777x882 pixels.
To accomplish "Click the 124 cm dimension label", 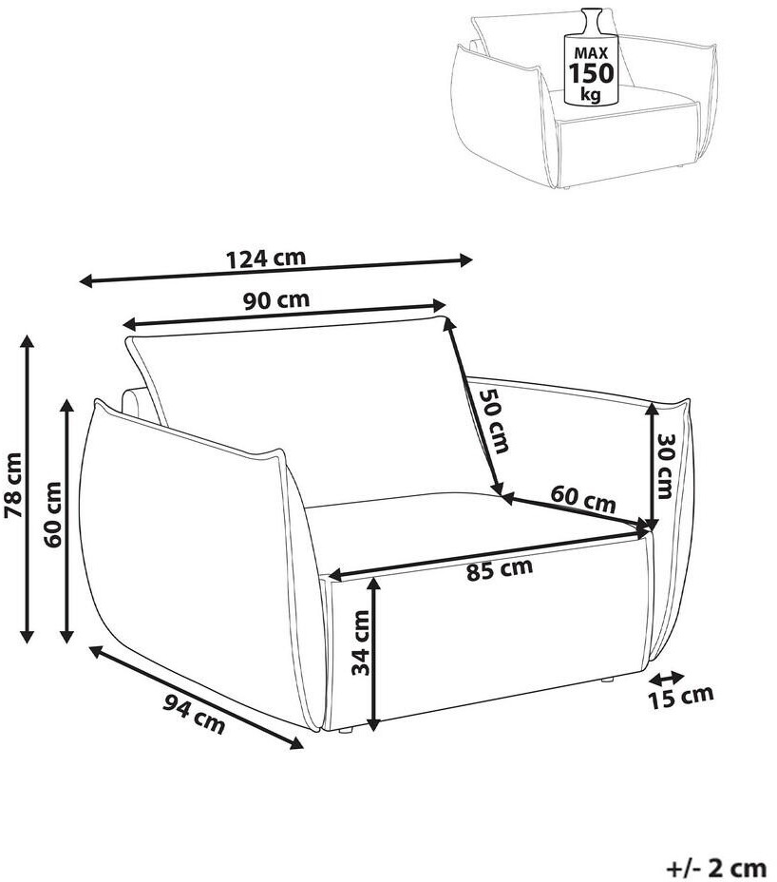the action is [x=266, y=258].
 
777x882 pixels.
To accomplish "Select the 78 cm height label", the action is [x=12, y=486].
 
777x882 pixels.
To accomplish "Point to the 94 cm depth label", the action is [x=194, y=713].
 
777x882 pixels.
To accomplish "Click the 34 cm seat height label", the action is [x=360, y=642].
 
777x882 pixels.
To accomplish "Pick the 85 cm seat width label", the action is [x=500, y=570].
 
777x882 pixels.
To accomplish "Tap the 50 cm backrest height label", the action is [x=492, y=420].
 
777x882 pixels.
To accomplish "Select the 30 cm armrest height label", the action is [x=665, y=465].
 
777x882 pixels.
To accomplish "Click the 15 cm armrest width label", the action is [x=680, y=697].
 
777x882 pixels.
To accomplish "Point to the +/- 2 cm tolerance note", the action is [x=715, y=867].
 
